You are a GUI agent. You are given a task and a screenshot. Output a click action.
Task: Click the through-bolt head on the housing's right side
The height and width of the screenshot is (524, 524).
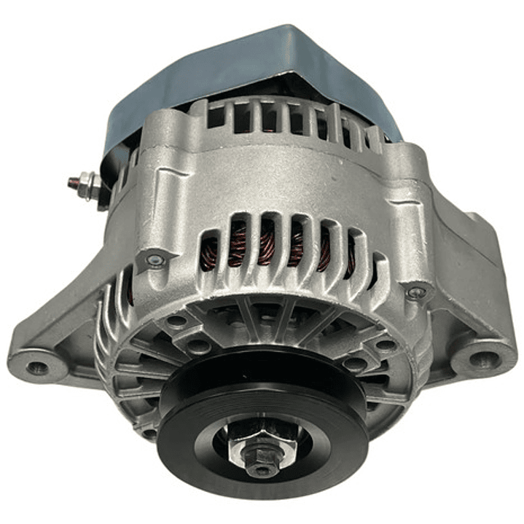coord(416,294)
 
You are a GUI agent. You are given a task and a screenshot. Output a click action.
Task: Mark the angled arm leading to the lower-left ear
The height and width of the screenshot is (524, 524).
coord(80,321)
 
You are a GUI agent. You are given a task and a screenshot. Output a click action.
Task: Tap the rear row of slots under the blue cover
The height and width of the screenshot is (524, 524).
coord(292,120)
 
